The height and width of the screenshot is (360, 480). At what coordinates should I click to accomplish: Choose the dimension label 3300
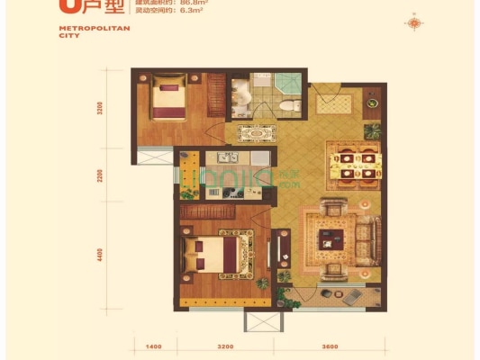pyautogui.click(x=102, y=111)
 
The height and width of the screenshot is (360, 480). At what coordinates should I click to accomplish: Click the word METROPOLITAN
pyautogui.click(x=82, y=29)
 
